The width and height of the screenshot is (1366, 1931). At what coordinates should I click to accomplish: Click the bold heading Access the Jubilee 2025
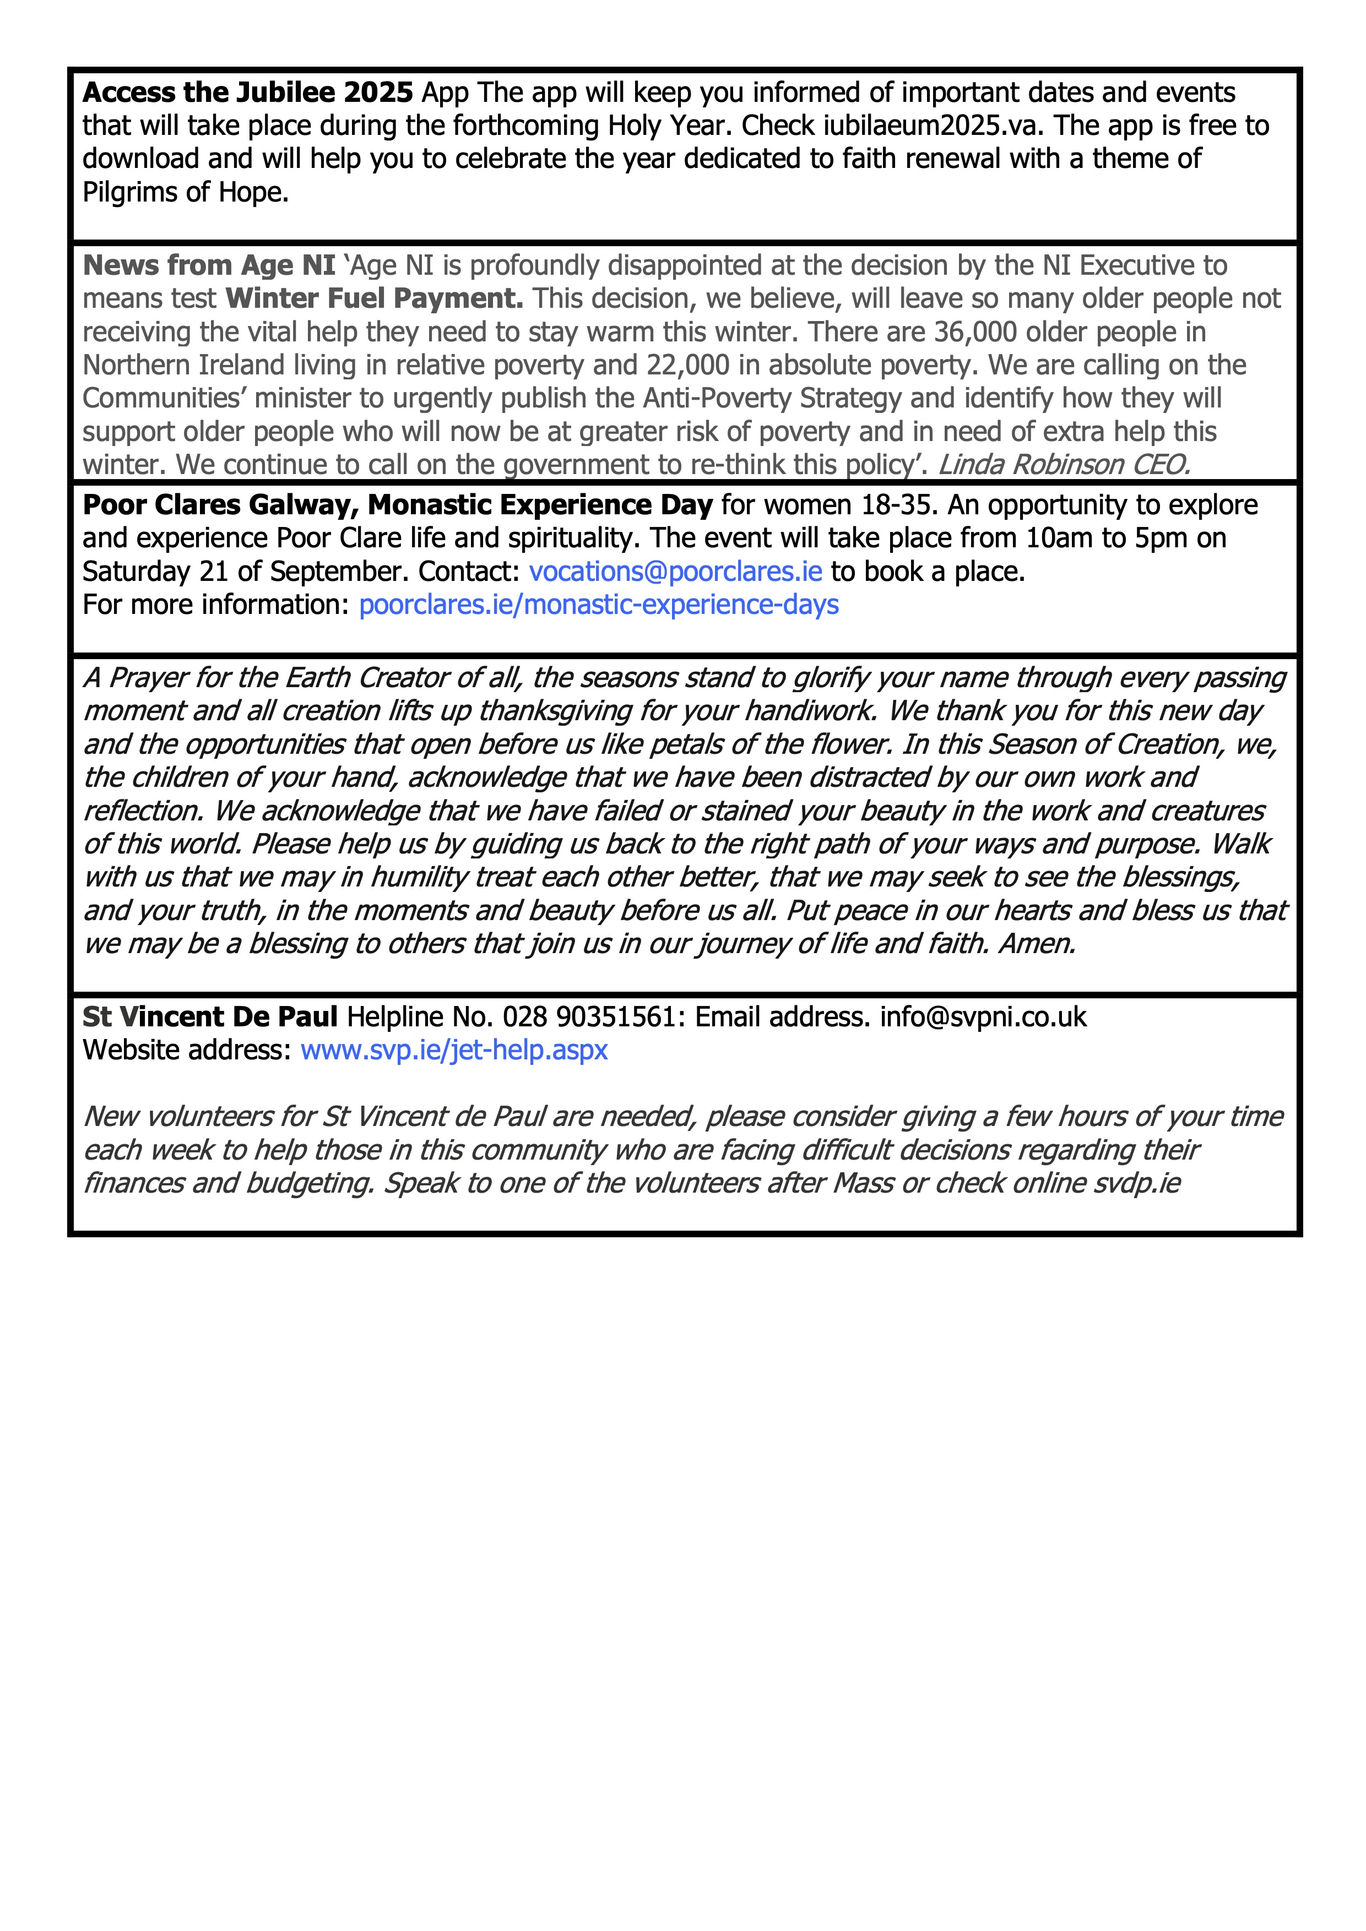pos(247,93)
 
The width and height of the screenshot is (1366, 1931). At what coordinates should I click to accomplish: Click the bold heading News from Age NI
pos(209,266)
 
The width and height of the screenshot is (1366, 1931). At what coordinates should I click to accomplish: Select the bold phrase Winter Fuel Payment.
pos(375,298)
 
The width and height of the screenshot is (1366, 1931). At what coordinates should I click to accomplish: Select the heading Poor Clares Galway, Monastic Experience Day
pos(397,504)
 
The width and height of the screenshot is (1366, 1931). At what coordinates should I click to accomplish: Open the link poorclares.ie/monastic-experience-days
pos(598,605)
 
